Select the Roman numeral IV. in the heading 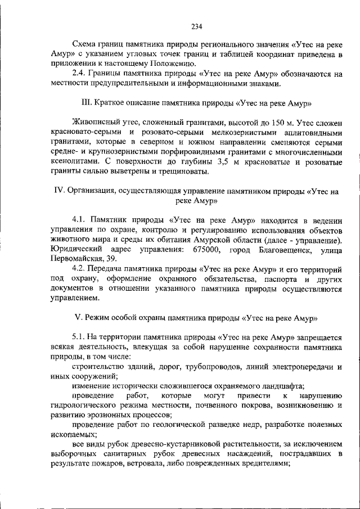[x=60, y=191]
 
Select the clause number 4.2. [x=79, y=269]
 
